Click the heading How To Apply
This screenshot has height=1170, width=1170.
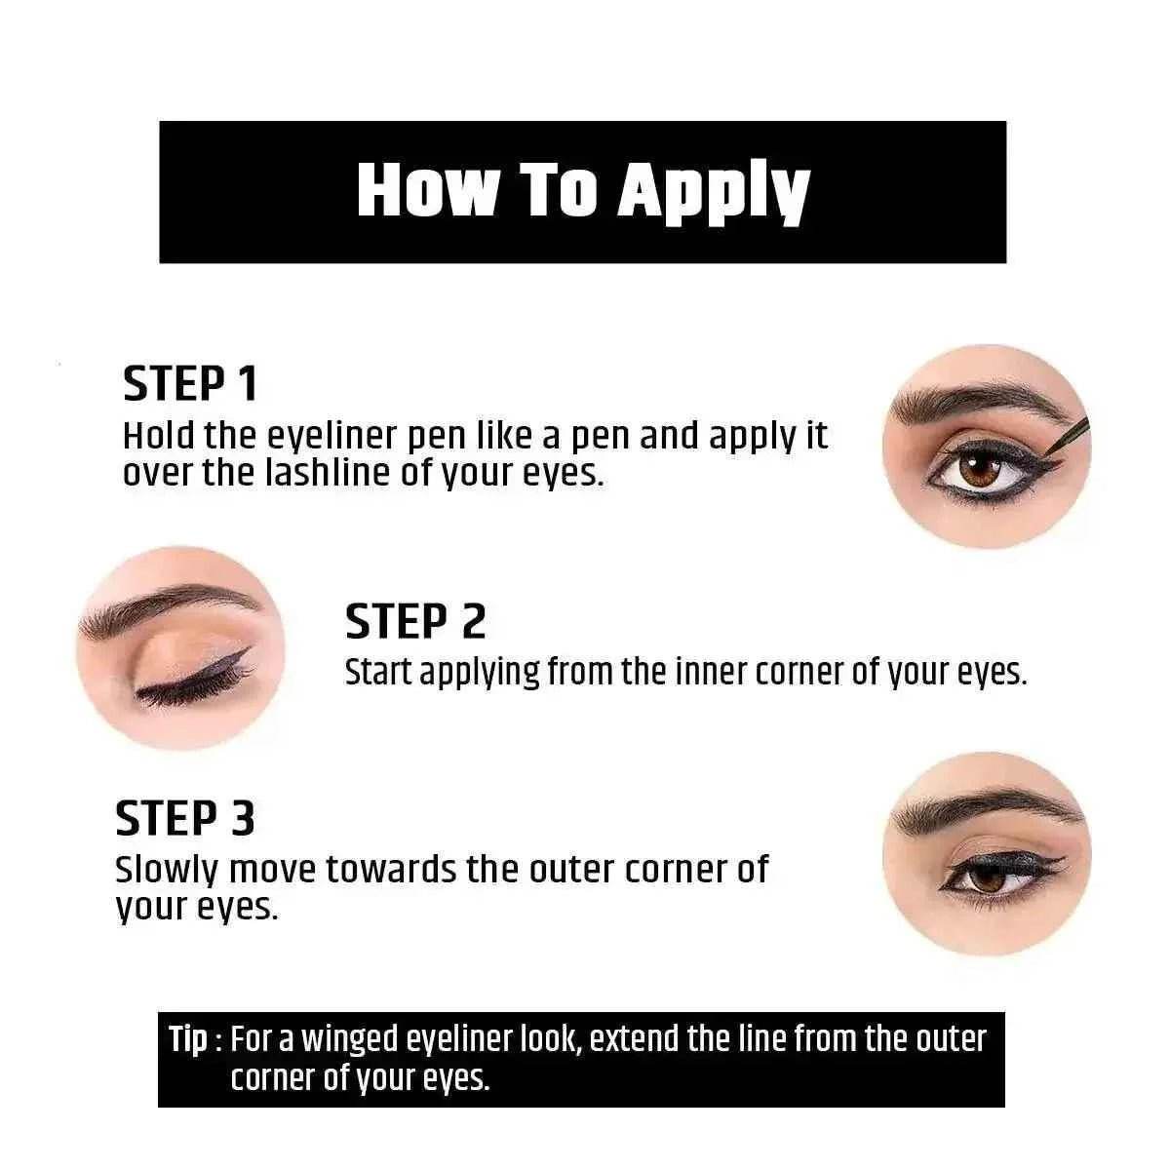tap(583, 191)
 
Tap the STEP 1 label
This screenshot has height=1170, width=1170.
tap(190, 384)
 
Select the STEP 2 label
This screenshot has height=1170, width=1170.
tap(415, 621)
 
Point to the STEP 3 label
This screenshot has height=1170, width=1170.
tap(185, 818)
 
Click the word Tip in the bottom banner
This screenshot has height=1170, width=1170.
tap(188, 1039)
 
